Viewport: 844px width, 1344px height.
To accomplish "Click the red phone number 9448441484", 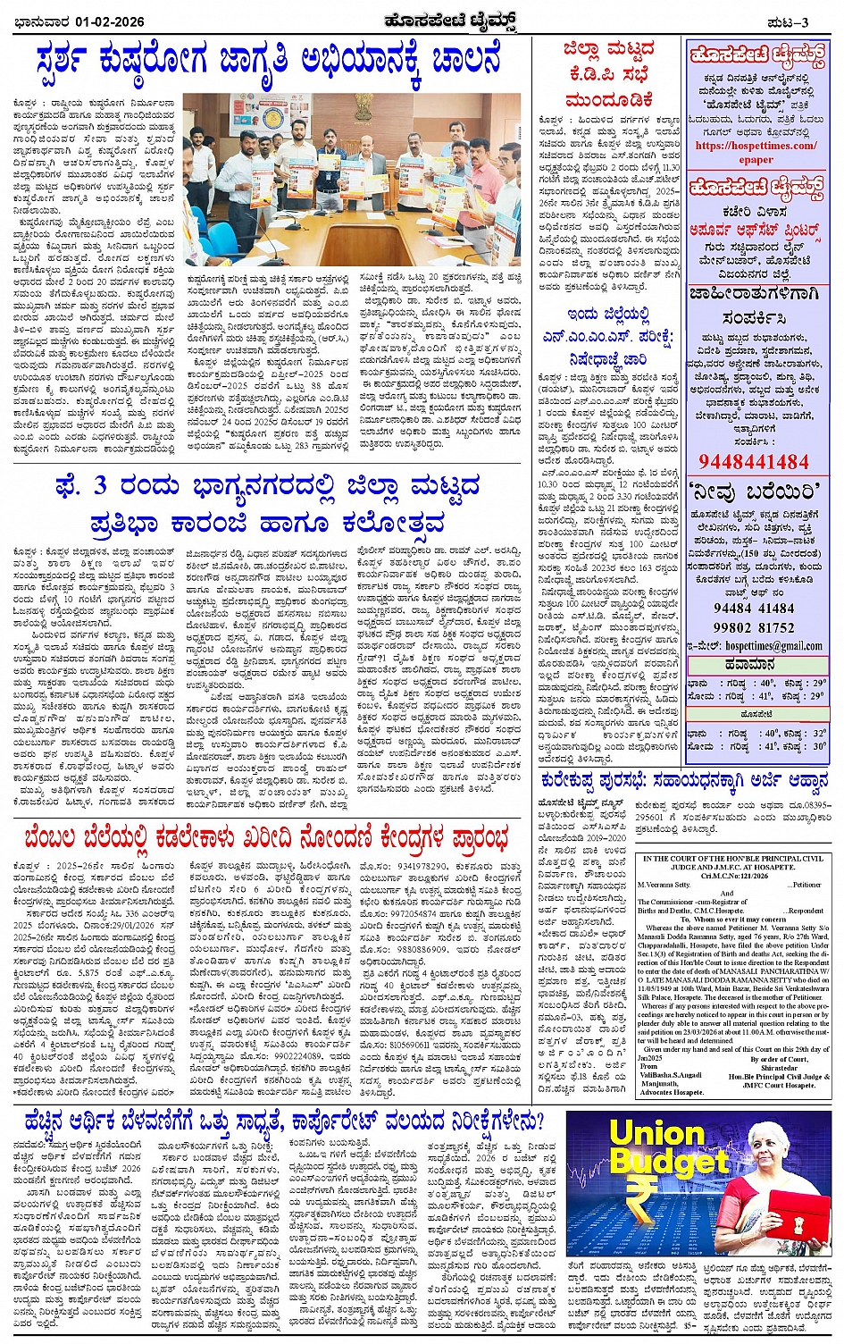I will point(754,462).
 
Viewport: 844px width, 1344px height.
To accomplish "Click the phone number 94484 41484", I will point(755,609).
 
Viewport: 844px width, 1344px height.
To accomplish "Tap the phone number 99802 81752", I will point(755,627).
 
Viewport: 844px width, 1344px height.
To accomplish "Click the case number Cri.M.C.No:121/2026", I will point(734,876).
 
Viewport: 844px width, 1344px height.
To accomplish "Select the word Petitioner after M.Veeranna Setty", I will point(806,885).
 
